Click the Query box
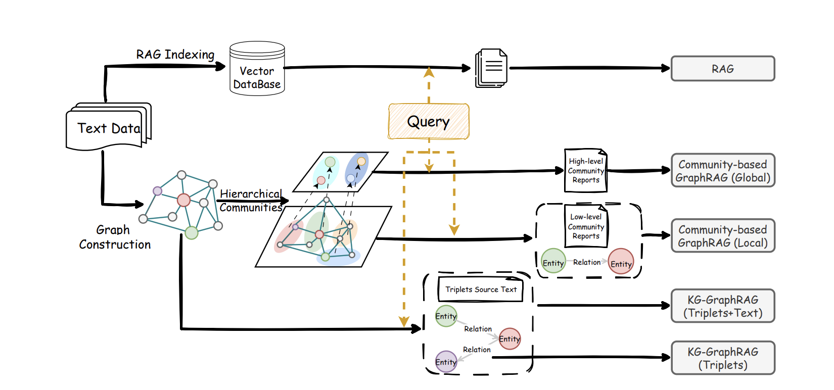[x=429, y=122]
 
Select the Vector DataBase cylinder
[x=257, y=69]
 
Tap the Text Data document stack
[x=108, y=127]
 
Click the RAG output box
[x=722, y=69]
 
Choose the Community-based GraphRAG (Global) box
[x=722, y=171]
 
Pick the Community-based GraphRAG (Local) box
[x=722, y=236]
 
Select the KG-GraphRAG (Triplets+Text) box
[x=722, y=306]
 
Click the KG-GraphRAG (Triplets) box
[x=722, y=358]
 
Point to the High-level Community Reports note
[x=585, y=171]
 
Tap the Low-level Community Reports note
[x=586, y=226]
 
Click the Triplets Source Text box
[x=480, y=289]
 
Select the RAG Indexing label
[x=175, y=55]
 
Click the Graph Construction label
[x=115, y=237]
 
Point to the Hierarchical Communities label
[x=251, y=201]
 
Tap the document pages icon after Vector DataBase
[x=491, y=68]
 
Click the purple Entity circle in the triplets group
[x=446, y=362]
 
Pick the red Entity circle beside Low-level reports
[x=621, y=262]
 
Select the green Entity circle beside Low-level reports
[x=553, y=261]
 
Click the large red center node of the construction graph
[x=183, y=200]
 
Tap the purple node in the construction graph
[x=158, y=191]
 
